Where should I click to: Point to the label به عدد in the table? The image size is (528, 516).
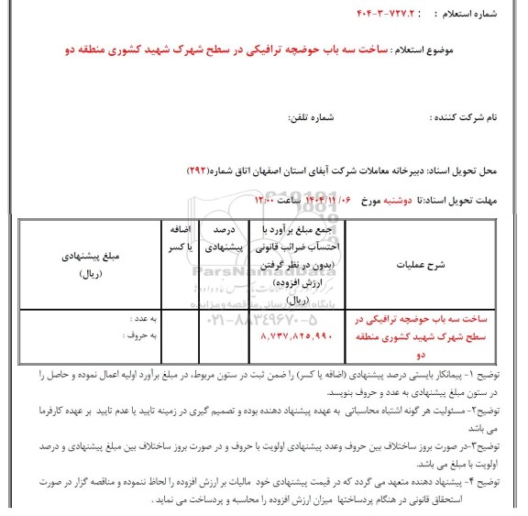coord(139,321)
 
